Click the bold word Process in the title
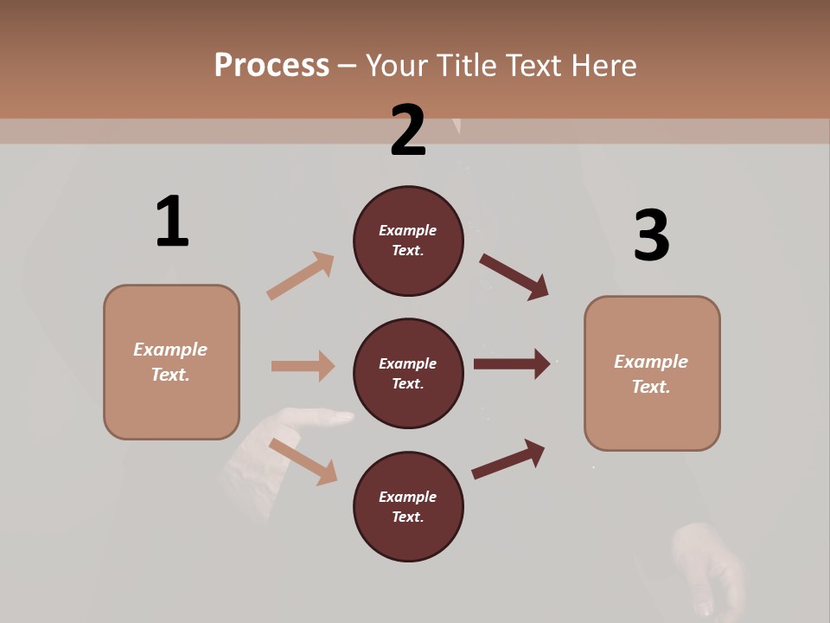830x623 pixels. click(x=271, y=65)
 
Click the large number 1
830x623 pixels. click(x=172, y=222)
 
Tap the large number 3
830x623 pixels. click(x=652, y=235)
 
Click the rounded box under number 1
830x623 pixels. click(x=171, y=362)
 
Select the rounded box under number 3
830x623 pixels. click(x=652, y=374)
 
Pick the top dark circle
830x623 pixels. click(x=408, y=241)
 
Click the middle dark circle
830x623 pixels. click(x=408, y=373)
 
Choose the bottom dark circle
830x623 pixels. click(x=408, y=506)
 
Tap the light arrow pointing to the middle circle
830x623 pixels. click(x=303, y=366)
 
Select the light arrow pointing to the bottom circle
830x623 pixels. click(x=303, y=461)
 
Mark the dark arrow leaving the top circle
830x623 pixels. click(x=514, y=277)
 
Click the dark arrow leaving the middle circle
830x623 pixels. click(x=512, y=364)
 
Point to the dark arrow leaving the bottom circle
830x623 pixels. click(x=508, y=459)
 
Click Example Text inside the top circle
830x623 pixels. click(x=408, y=241)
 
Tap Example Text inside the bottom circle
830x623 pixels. click(x=408, y=507)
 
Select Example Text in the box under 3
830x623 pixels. click(x=651, y=374)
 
